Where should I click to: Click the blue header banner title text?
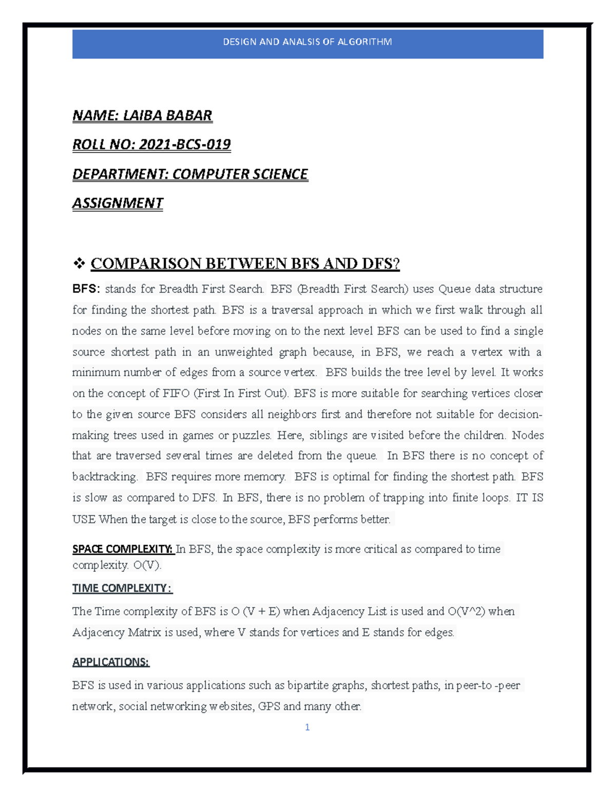point(307,42)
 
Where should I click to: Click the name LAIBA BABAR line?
point(142,115)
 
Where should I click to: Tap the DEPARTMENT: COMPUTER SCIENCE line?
point(190,174)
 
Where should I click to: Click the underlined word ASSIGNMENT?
point(118,203)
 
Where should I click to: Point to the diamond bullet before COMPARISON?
point(79,264)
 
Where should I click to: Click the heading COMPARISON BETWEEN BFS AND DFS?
point(245,264)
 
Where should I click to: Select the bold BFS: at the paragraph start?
point(86,289)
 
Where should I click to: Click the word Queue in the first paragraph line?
point(454,289)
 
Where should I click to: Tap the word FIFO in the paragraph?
point(176,394)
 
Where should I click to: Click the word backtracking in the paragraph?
point(105,477)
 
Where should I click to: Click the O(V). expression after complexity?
point(147,565)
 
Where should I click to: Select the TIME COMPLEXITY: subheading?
point(122,588)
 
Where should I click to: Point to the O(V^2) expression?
point(466,611)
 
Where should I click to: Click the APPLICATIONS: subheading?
point(110,662)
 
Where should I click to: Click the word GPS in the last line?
point(268,706)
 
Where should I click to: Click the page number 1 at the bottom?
point(307,727)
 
